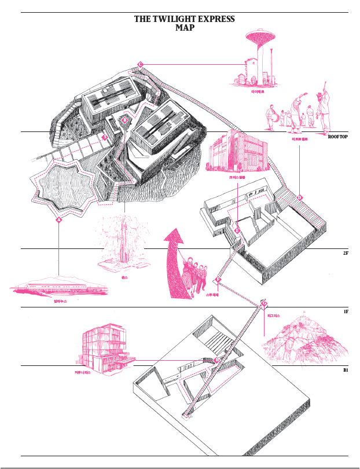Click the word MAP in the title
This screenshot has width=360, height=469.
click(x=184, y=28)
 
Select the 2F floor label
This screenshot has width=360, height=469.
click(x=345, y=253)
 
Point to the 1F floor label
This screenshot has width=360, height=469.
click(x=345, y=312)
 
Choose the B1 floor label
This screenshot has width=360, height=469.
click(x=345, y=369)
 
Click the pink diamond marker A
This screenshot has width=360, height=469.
click(x=58, y=219)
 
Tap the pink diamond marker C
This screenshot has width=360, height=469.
click(x=140, y=64)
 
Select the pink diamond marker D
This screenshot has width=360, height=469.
click(x=299, y=197)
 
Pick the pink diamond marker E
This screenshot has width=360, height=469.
click(x=237, y=230)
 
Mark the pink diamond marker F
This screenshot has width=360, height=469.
click(x=218, y=280)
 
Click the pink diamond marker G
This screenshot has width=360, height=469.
click(x=265, y=303)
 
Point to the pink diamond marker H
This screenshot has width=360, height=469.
click(x=216, y=360)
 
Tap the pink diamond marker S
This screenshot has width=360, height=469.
click(x=105, y=137)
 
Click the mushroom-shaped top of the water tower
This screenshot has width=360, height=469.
click(x=259, y=39)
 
